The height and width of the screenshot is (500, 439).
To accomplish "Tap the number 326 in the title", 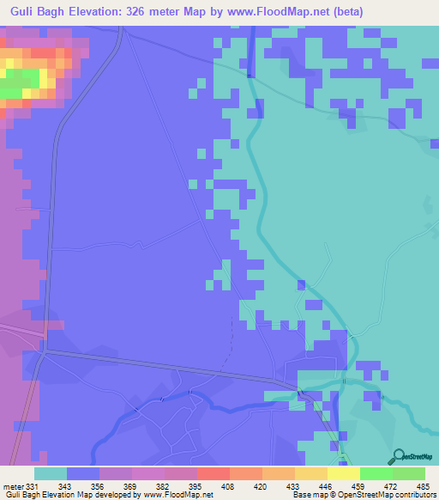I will [x=145, y=11].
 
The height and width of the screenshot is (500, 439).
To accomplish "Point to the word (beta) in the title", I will [x=350, y=11].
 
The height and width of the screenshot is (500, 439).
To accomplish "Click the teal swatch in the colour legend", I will [x=51, y=473].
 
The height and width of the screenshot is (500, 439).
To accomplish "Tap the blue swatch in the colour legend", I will [x=83, y=473].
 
